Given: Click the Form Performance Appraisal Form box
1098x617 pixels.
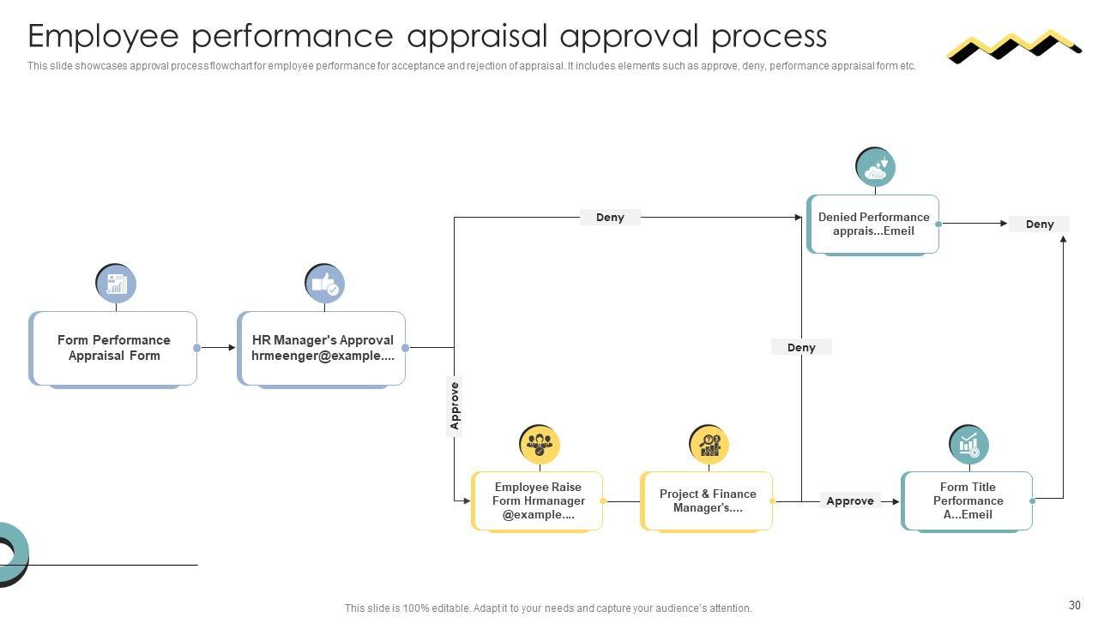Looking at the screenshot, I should coord(113,348).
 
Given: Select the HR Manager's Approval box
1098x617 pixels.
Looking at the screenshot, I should coord(322,348).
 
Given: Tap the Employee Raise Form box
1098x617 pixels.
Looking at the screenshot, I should coord(537,500).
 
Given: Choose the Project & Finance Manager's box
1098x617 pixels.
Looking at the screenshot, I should coord(707,500).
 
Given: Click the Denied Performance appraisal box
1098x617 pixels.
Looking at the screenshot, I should coord(873,224).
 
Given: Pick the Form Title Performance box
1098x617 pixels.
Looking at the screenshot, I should coord(967,500).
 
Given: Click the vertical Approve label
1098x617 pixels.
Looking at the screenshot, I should coord(455,406).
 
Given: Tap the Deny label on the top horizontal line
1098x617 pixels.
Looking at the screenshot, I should coord(610,218).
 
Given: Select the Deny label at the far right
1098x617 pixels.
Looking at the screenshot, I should coord(1039,225).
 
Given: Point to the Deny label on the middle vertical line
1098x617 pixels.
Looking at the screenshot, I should coord(801,347).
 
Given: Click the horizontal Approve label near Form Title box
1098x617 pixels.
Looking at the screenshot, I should coord(849,501).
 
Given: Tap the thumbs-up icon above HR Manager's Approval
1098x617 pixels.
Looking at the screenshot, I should coord(325,284).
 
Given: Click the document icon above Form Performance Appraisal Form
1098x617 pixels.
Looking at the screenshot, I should coord(116,284).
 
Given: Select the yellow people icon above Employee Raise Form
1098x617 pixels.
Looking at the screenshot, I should coord(540,445).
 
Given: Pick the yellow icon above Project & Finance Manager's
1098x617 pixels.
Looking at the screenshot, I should coord(709,445).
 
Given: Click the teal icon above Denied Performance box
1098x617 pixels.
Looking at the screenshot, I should coord(875,167).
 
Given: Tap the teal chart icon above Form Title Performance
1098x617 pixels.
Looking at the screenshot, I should coord(968,445).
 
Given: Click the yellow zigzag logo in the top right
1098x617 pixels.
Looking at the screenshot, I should coord(1013,46).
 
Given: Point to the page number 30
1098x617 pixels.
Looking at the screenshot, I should coord(1075,605).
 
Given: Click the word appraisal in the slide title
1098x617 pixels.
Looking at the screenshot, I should coord(476,36).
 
